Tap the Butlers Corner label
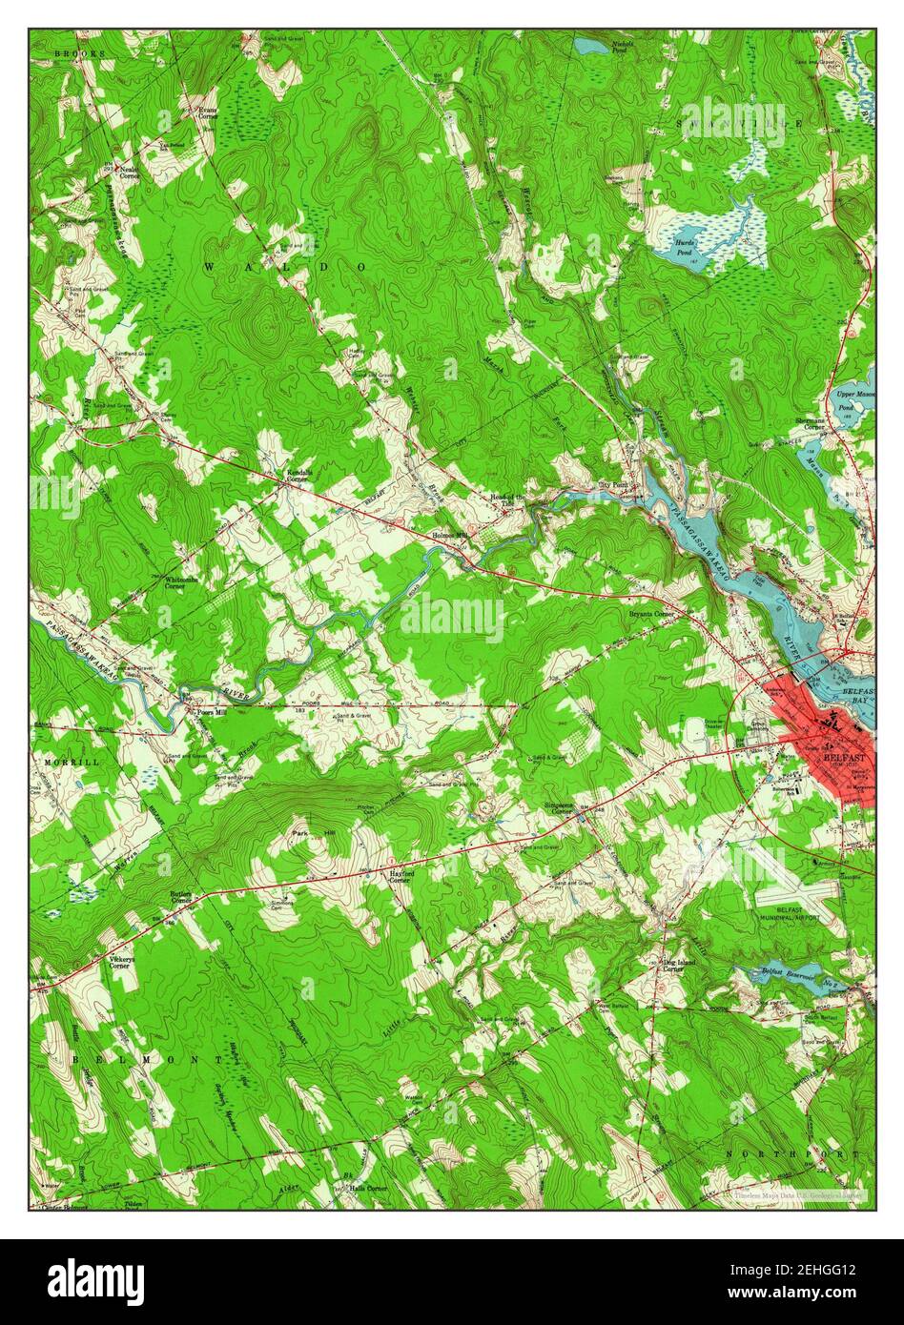(x=182, y=898)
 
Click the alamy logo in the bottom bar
(x=96, y=1282)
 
